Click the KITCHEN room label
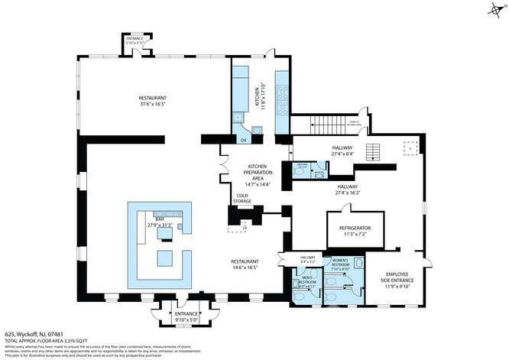(x=258, y=96)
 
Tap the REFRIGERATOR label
(x=355, y=231)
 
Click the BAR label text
(x=160, y=222)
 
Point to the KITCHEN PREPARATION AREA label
(x=256, y=175)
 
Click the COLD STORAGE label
(x=243, y=199)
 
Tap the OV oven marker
(x=244, y=140)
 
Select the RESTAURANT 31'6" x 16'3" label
(x=153, y=101)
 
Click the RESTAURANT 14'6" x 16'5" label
(x=246, y=264)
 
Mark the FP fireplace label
(x=244, y=229)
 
